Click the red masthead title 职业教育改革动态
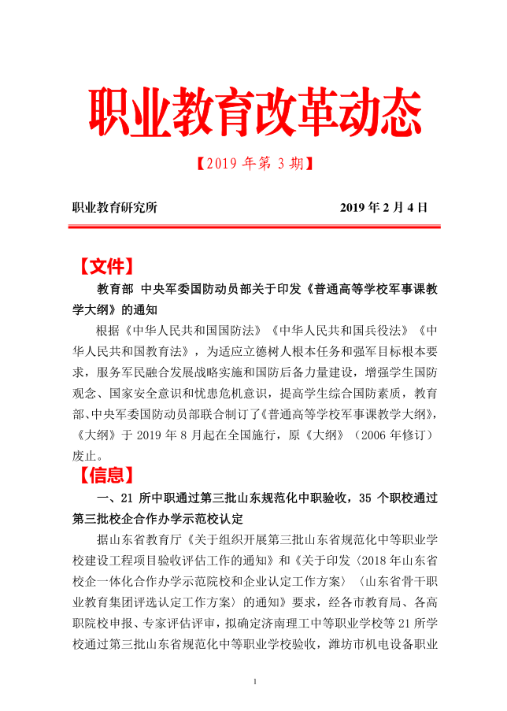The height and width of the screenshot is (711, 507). pos(253,116)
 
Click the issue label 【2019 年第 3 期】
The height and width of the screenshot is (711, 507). pos(253,164)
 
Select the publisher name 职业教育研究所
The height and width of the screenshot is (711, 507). pos(115,208)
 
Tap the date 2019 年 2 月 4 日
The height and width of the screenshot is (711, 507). pos(383,208)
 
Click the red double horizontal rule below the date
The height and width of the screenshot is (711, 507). pos(253,228)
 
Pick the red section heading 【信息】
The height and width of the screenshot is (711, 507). pos(106,475)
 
